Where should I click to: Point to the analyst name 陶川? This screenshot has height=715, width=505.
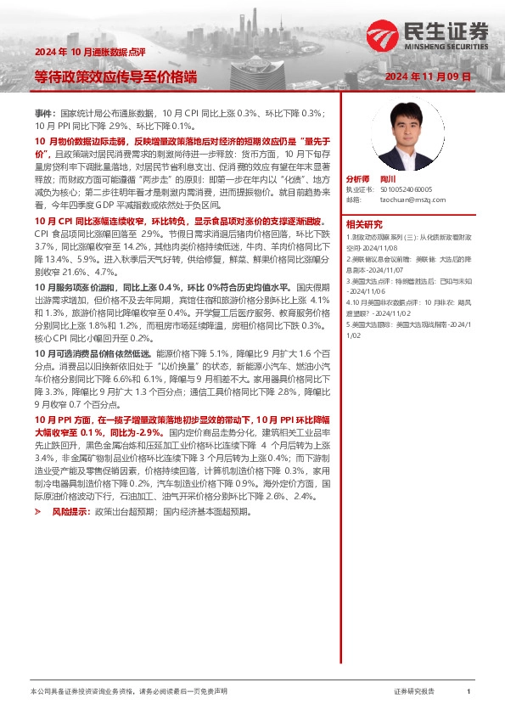[389, 179]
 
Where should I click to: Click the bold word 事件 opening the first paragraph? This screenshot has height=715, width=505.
[43, 113]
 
